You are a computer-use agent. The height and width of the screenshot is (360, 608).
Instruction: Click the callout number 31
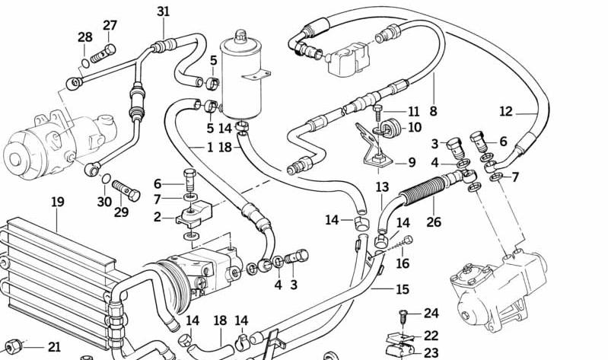[x=164, y=11]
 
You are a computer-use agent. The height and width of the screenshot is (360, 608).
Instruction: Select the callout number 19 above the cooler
[x=58, y=202]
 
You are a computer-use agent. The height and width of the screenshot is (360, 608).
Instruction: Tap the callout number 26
[x=433, y=222]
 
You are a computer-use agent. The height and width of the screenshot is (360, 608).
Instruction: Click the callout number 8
[x=433, y=111]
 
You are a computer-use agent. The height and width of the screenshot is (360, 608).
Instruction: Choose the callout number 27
[x=110, y=25]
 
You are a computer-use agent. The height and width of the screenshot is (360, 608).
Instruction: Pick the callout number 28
[x=85, y=37]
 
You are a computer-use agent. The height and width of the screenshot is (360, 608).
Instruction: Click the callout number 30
[x=104, y=202]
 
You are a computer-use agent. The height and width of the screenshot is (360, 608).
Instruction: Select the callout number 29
[x=122, y=212]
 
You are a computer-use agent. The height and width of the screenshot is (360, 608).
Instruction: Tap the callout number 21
[x=54, y=347]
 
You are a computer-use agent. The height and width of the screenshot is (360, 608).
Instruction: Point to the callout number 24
[x=431, y=313]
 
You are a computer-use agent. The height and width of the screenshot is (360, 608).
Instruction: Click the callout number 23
[x=431, y=352]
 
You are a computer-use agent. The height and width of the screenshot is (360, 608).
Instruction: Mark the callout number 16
[x=402, y=263]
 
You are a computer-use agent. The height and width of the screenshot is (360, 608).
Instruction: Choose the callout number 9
[x=412, y=162]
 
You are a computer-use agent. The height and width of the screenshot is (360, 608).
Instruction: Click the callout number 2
[x=157, y=217]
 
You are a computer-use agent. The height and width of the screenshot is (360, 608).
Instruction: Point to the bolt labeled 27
[x=101, y=54]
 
